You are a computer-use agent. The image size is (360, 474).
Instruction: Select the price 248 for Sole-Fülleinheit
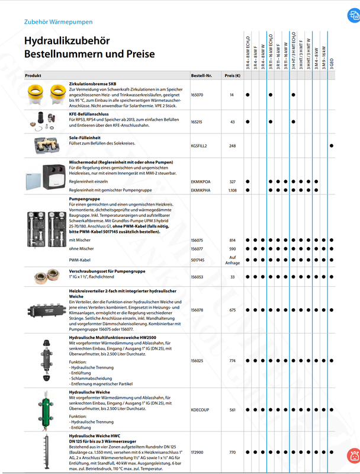click(x=232, y=146)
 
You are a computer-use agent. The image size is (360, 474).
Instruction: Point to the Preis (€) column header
click(x=232, y=76)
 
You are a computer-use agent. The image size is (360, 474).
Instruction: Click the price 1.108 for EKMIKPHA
click(x=232, y=191)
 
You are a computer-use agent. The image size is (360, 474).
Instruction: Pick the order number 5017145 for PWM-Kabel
click(x=198, y=260)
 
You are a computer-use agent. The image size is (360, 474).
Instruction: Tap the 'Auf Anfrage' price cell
click(x=232, y=260)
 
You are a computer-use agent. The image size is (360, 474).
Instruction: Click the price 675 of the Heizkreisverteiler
click(x=232, y=310)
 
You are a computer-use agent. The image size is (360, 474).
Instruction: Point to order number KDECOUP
click(x=199, y=409)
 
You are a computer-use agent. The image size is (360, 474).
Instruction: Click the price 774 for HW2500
click(x=232, y=360)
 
